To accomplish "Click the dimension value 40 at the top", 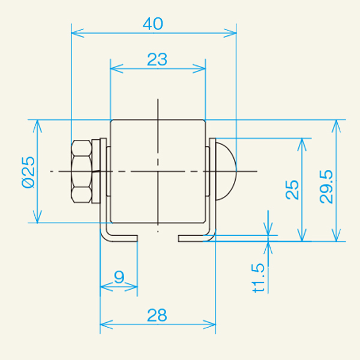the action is [153, 23].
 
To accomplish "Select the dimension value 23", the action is [157, 59].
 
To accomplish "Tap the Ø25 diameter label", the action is [28, 172].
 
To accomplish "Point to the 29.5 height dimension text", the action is [326, 187].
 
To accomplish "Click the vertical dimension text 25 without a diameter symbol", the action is [292, 190].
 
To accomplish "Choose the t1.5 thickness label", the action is [259, 278].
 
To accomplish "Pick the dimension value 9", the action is [119, 277].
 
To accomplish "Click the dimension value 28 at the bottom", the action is [157, 315].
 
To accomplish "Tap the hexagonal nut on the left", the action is [81, 172].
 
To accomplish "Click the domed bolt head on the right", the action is [226, 171].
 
